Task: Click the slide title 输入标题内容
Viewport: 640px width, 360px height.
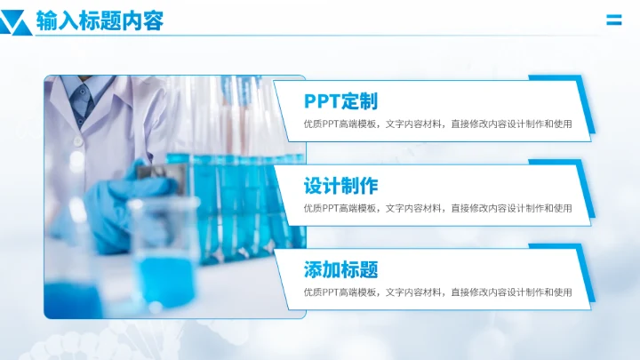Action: tap(100, 20)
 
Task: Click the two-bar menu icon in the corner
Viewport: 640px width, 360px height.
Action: tap(613, 20)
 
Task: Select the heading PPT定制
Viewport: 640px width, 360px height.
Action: tap(340, 101)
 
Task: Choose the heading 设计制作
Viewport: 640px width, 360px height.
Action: tap(340, 186)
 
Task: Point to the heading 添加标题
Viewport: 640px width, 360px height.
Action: tap(340, 269)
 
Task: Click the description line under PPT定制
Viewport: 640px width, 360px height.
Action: tap(437, 124)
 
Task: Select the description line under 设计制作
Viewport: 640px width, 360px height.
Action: tap(437, 209)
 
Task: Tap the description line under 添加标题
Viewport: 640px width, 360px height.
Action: tap(437, 292)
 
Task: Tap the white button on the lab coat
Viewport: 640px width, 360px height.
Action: tap(78, 140)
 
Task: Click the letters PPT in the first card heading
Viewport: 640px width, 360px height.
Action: tap(322, 101)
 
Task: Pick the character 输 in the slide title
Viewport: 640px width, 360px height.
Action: tap(45, 20)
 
